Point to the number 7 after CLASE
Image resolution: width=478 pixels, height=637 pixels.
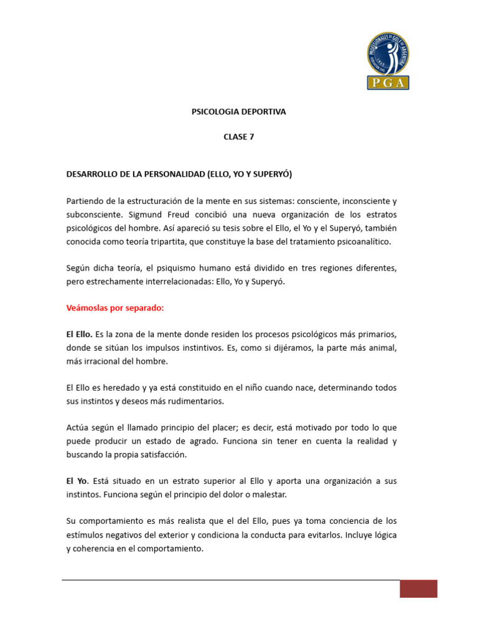point(251,137)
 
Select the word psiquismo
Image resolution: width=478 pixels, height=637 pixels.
point(192,267)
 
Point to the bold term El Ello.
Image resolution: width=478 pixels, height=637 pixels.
point(79,334)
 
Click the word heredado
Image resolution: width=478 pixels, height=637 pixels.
point(118,388)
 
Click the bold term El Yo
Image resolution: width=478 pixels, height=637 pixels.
point(77,481)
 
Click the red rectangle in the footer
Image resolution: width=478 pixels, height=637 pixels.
point(418,588)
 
